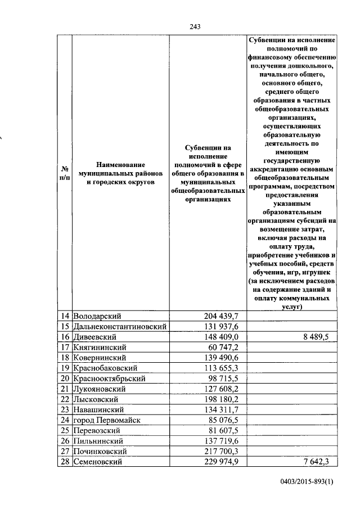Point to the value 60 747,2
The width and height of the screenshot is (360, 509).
point(223,347)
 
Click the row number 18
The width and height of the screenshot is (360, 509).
point(64,358)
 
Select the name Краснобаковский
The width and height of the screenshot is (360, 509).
point(106,368)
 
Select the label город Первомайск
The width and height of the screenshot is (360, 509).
point(107,420)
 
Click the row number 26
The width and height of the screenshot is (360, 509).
point(64,441)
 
